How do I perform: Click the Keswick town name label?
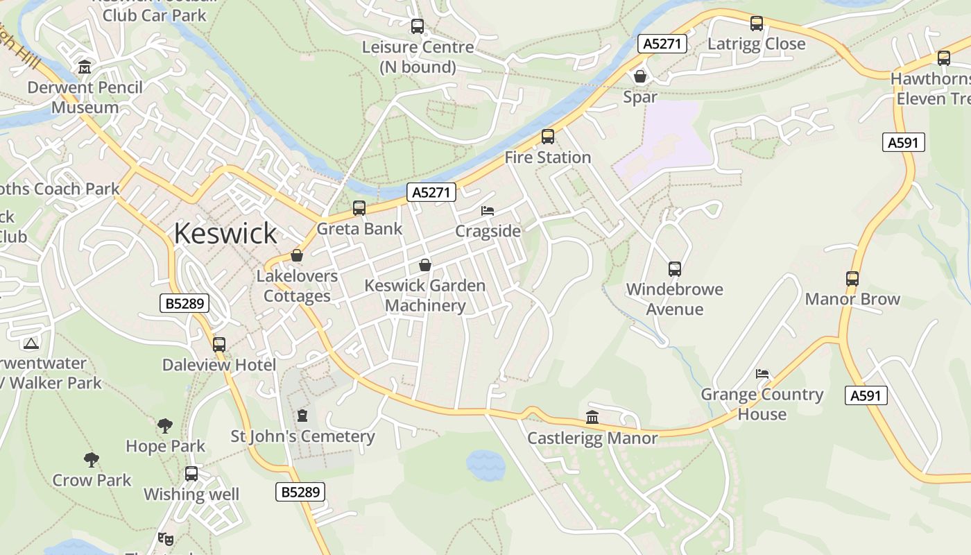[x=225, y=233]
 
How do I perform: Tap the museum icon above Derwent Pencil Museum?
[x=85, y=67]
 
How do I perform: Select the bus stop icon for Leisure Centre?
[x=417, y=26]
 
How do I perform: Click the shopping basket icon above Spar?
[x=640, y=76]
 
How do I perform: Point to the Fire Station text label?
[x=547, y=157]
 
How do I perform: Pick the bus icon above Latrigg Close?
[x=756, y=24]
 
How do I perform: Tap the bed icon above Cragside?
[x=488, y=210]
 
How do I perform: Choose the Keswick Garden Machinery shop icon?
[x=425, y=265]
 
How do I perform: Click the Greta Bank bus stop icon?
[x=359, y=207]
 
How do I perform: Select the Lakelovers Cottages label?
[x=297, y=286]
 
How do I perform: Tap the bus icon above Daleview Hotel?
[x=219, y=344]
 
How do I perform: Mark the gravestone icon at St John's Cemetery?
[x=302, y=416]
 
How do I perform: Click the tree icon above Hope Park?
[x=165, y=425]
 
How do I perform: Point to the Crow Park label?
[x=92, y=480]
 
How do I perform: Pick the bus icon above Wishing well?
[x=191, y=474]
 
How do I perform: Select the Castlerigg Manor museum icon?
[x=592, y=417]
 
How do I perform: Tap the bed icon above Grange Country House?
[x=762, y=374]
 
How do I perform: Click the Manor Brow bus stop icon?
[x=852, y=279]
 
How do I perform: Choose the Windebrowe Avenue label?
[x=674, y=299]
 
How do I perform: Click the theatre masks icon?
[x=165, y=538]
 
